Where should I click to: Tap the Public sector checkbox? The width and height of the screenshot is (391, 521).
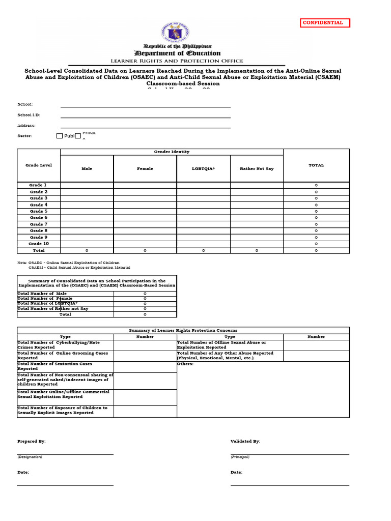60,136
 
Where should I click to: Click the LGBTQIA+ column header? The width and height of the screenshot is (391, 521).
204,168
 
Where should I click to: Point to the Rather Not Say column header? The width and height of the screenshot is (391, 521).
257,168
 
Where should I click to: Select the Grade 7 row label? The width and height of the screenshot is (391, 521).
39,224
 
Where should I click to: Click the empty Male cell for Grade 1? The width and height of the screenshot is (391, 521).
87,185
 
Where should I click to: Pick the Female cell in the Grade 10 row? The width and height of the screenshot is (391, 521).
145,244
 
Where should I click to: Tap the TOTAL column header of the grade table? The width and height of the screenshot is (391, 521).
316,165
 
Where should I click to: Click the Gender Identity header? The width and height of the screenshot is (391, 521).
172,152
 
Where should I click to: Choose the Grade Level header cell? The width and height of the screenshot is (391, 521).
39,165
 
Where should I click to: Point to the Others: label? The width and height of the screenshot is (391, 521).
185,364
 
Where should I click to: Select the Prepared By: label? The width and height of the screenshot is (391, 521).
32,441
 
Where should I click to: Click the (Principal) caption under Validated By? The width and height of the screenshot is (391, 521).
240,457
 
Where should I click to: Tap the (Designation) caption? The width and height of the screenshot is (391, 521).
30,457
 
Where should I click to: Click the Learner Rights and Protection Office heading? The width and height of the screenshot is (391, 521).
177,61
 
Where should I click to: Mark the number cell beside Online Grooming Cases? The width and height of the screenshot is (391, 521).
145,356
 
